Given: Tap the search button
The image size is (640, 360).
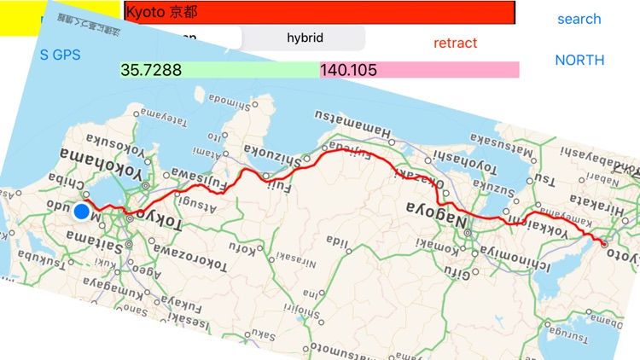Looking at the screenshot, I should [579, 19].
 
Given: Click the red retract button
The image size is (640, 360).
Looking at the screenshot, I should [455, 43].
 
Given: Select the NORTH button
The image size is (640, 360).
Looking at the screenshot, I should [579, 60].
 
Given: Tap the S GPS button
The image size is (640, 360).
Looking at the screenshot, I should [60, 55].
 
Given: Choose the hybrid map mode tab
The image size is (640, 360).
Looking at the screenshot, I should [305, 38].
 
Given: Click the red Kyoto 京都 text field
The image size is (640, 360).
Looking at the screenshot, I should [320, 13].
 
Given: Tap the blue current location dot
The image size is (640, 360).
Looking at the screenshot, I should [82, 212].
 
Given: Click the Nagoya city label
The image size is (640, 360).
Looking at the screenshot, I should [440, 213].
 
